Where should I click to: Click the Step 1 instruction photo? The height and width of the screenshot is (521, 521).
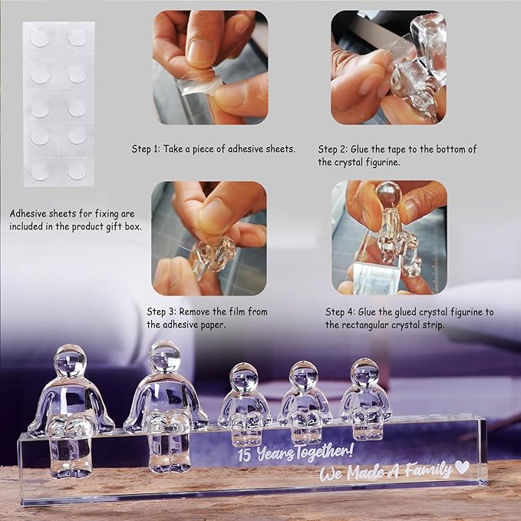[210, 68]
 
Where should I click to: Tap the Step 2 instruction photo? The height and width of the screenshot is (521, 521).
[388, 68]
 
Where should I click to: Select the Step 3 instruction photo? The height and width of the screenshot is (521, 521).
[209, 238]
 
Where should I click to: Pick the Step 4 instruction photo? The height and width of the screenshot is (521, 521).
[389, 238]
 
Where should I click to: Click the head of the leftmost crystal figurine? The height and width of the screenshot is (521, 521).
[70, 361]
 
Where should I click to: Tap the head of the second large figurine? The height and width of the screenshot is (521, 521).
[164, 357]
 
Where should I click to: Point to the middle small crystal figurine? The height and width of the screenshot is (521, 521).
[304, 402]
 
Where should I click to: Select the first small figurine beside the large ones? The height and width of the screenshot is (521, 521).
[245, 404]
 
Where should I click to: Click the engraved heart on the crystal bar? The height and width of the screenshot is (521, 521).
[462, 467]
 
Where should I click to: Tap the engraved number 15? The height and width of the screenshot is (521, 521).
[244, 455]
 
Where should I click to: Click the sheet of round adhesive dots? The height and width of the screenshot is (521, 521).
[59, 104]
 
